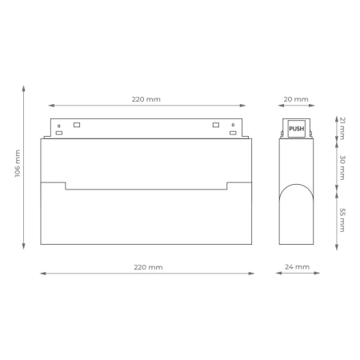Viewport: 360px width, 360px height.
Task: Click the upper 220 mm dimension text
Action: click(x=146, y=100)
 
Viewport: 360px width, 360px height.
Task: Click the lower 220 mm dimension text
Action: click(x=146, y=267)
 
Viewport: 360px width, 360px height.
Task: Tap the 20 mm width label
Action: click(x=296, y=100)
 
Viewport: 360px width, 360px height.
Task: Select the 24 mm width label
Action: click(x=296, y=267)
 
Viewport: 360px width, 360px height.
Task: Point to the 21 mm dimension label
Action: click(x=342, y=127)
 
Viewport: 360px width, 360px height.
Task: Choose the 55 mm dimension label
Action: click(x=342, y=219)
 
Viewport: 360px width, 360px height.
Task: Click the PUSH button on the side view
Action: click(x=296, y=128)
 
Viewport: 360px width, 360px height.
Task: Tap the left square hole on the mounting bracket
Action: click(x=77, y=125)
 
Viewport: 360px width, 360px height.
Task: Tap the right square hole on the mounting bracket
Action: click(x=215, y=125)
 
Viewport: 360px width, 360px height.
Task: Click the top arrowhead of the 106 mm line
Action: click(x=24, y=86)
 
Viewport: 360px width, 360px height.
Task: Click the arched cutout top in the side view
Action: click(x=296, y=184)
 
